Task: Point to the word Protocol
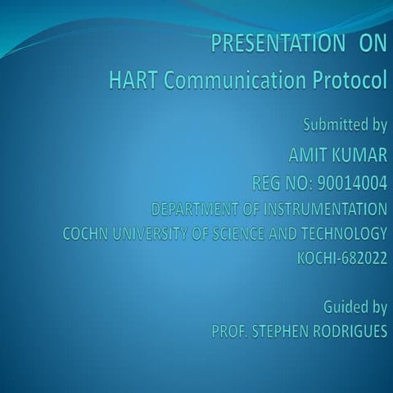point(350,81)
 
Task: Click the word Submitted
point(335,125)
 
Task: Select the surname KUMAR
point(359,153)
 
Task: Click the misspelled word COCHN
point(85,233)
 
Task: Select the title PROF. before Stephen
point(228,332)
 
